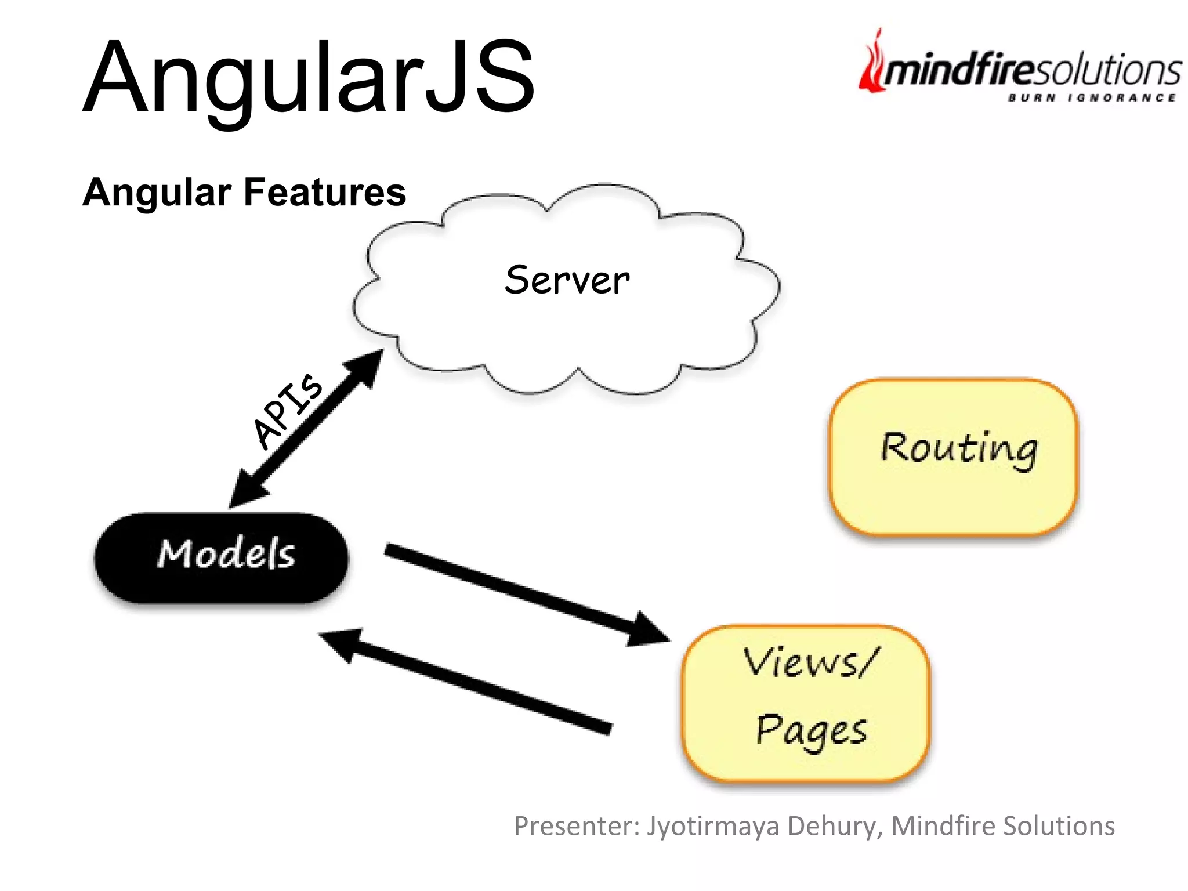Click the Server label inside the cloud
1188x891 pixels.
pyautogui.click(x=567, y=280)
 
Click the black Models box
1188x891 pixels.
pyautogui.click(x=222, y=557)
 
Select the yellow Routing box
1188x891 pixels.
pyautogui.click(x=953, y=457)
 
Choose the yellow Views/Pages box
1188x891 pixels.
pyautogui.click(x=806, y=703)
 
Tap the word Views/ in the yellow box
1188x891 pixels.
pyautogui.click(x=811, y=662)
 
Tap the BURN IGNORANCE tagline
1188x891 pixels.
pyautogui.click(x=1092, y=97)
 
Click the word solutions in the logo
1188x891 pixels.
pyautogui.click(x=1108, y=71)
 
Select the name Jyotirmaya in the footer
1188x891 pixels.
pyautogui.click(x=713, y=826)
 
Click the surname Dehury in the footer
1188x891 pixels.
pyautogui.click(x=835, y=826)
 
